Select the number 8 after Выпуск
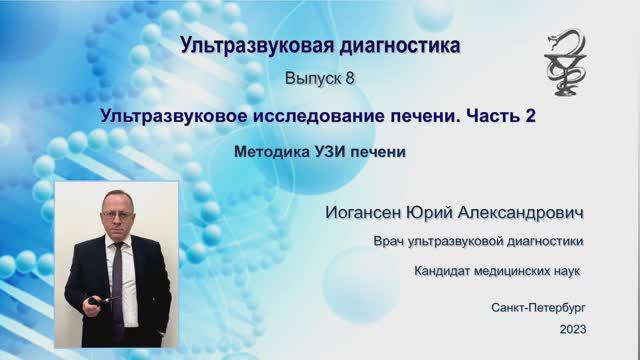click(x=349, y=77)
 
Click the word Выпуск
click(x=312, y=77)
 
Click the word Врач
click(x=390, y=241)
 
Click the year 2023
click(x=573, y=329)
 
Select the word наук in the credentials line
click(x=566, y=271)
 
